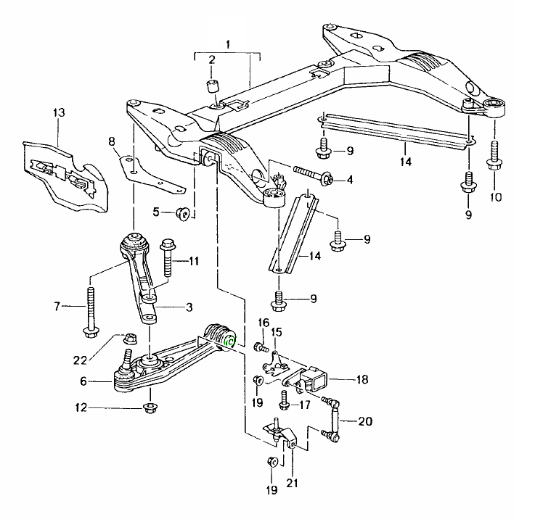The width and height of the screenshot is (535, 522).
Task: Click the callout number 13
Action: tap(59, 112)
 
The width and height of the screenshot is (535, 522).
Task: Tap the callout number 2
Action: tap(212, 59)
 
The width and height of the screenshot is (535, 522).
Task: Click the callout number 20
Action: tap(365, 420)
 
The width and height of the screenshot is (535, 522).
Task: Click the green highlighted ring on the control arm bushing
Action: tap(230, 341)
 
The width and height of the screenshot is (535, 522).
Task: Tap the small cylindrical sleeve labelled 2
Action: tap(213, 88)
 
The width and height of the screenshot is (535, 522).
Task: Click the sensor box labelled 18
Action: tap(316, 377)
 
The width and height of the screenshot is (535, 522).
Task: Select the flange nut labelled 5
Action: tap(183, 213)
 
